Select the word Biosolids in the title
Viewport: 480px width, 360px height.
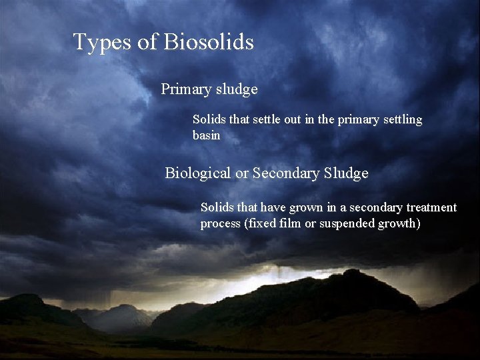(208, 42)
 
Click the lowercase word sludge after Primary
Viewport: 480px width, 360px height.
(236, 89)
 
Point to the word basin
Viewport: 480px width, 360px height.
(206, 135)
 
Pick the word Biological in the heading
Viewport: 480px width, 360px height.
(198, 173)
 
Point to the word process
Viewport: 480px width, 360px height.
(221, 224)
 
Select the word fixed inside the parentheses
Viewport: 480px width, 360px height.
(259, 223)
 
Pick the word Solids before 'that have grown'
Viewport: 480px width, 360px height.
(217, 207)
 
